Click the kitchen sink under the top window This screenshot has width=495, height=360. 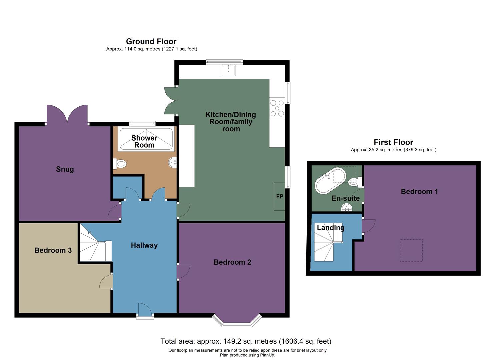(x=228, y=70)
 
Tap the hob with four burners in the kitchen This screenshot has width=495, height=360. (x=277, y=108)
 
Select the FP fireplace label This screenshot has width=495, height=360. (x=280, y=197)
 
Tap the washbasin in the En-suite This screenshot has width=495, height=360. (x=347, y=208)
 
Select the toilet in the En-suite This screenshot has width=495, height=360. (x=354, y=182)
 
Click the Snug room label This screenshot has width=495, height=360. (x=65, y=169)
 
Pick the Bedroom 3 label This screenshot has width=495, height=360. (x=53, y=250)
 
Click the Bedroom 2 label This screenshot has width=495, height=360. (x=232, y=262)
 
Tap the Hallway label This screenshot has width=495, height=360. (x=144, y=245)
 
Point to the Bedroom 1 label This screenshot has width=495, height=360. (x=419, y=192)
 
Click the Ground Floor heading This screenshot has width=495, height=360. (x=151, y=42)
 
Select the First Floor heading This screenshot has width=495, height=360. (x=393, y=142)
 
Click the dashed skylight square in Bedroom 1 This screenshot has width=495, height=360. (x=411, y=250)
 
